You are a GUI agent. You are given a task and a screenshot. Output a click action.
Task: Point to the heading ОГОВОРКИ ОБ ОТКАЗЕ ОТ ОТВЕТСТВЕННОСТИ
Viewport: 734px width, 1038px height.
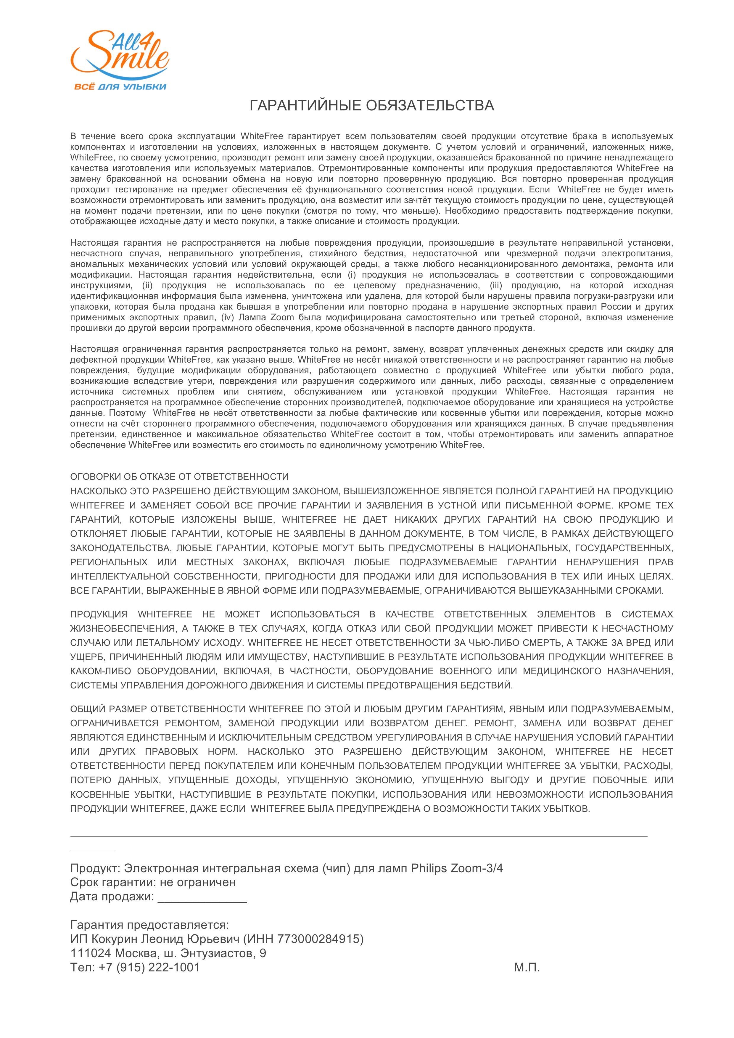click(179, 477)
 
